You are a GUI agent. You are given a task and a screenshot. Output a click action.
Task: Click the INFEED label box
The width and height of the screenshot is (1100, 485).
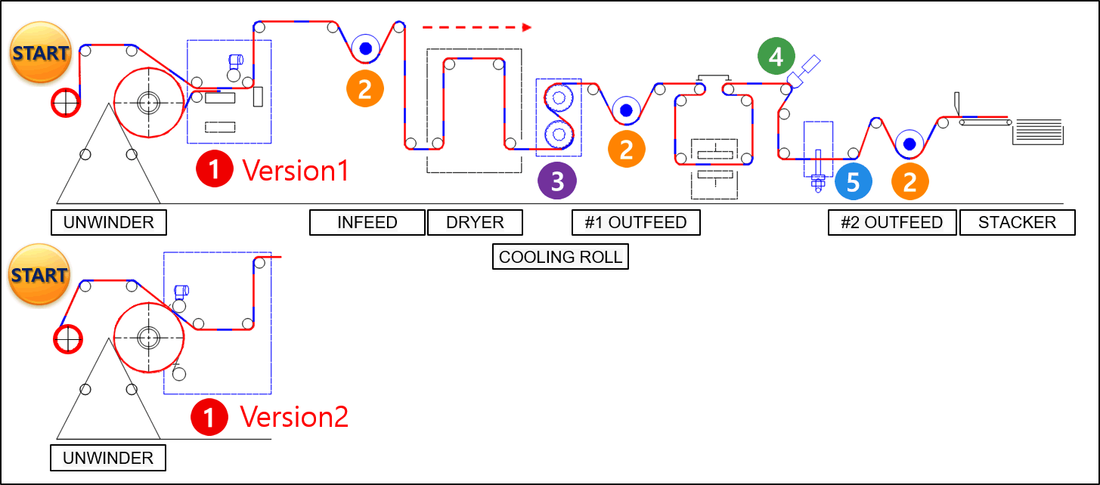pyautogui.click(x=367, y=222)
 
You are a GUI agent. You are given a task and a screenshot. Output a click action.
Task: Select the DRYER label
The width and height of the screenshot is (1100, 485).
pyautogui.click(x=475, y=222)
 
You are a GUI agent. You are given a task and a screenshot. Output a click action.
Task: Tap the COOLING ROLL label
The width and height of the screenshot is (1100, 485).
pyautogui.click(x=560, y=256)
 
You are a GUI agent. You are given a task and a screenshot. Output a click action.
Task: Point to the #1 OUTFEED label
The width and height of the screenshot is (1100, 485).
pyautogui.click(x=636, y=222)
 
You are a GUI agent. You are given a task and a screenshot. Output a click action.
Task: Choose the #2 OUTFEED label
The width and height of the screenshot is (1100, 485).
pyautogui.click(x=892, y=222)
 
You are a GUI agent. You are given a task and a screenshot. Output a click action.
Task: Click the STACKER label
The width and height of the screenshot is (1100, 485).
pyautogui.click(x=1017, y=222)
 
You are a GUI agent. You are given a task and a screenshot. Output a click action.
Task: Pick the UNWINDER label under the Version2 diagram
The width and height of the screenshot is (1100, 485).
pyautogui.click(x=108, y=458)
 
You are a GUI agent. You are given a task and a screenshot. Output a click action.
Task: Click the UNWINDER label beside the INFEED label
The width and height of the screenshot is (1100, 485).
pyautogui.click(x=109, y=222)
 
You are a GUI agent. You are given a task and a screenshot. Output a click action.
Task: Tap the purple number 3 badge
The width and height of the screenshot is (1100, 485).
pyautogui.click(x=557, y=181)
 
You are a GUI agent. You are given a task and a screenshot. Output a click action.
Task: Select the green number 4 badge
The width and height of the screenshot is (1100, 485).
pyautogui.click(x=776, y=56)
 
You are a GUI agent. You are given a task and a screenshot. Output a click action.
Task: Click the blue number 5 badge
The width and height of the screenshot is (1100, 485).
pyautogui.click(x=853, y=181)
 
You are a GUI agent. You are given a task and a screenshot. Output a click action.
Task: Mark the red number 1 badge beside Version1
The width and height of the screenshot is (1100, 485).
pyautogui.click(x=214, y=169)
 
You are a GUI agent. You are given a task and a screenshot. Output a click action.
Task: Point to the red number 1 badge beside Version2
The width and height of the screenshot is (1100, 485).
pyautogui.click(x=209, y=417)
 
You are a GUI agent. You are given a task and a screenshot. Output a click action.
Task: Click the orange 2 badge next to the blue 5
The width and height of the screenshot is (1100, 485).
pyautogui.click(x=910, y=181)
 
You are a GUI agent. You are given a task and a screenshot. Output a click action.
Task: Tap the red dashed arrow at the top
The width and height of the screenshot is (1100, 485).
pyautogui.click(x=477, y=27)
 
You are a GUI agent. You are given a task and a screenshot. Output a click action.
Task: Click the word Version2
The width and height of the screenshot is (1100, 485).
pyautogui.click(x=294, y=417)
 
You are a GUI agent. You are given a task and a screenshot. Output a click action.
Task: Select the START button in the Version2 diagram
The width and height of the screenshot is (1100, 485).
pyautogui.click(x=39, y=274)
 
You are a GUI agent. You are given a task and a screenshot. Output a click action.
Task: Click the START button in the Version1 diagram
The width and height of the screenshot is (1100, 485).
pyautogui.click(x=40, y=52)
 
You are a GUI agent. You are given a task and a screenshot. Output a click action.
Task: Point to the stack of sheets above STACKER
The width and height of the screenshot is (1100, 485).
pyautogui.click(x=1038, y=131)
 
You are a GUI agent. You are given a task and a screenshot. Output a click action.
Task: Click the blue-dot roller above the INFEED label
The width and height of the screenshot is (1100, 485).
pyautogui.click(x=366, y=48)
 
